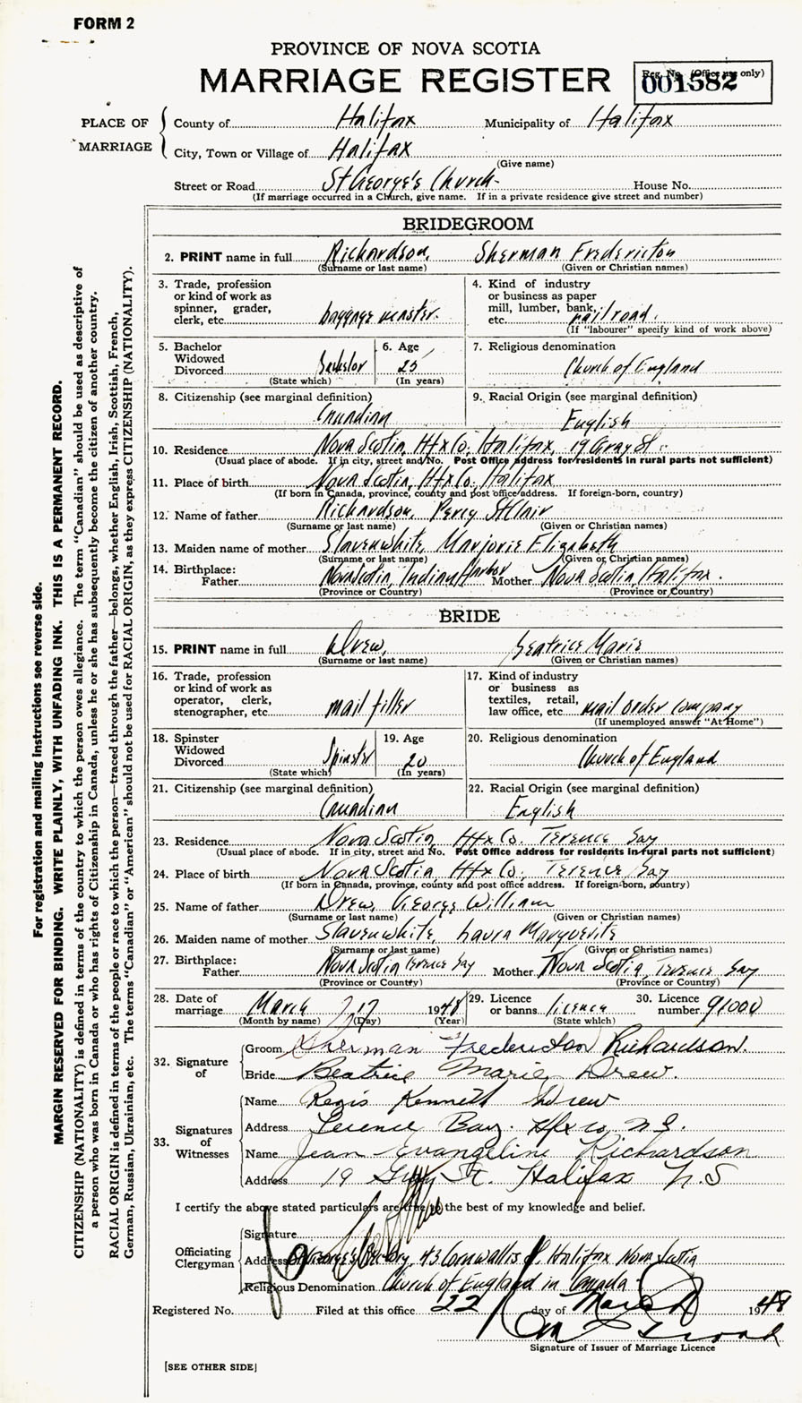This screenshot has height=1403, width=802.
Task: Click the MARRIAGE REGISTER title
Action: pyautogui.click(x=404, y=81)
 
